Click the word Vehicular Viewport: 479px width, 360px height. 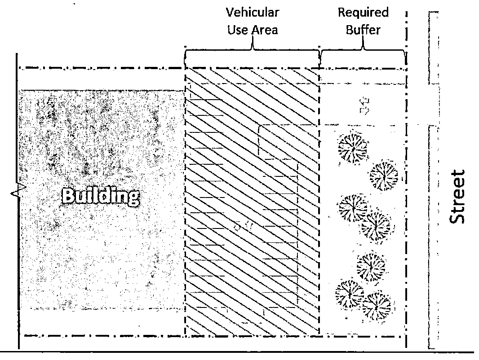tap(252, 13)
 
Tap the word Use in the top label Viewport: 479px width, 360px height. tap(235, 31)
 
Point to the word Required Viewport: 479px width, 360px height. tap(363, 13)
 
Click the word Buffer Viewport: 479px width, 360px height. tap(363, 31)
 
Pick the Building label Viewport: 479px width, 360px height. tap(100, 196)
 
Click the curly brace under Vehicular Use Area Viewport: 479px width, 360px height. tap(252, 54)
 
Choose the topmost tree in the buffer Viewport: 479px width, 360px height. tap(352, 146)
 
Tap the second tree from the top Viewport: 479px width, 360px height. tap(383, 175)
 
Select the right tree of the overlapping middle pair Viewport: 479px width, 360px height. tap(376, 225)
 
